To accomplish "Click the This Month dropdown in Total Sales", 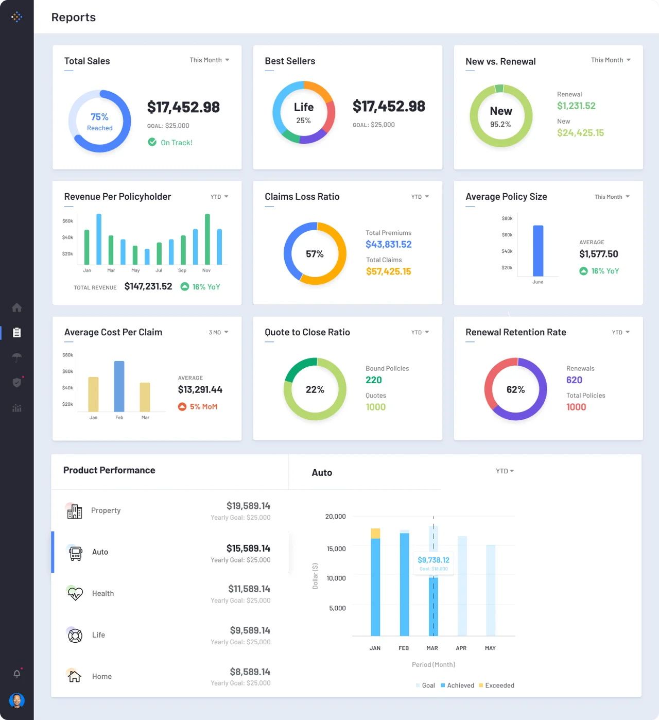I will pos(209,60).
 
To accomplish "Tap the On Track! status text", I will pos(176,143).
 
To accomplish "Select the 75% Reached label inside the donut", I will pos(99,122).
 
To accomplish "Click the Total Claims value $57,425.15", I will pos(388,271).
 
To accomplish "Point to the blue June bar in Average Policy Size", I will pos(538,251).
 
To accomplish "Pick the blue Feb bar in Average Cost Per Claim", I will pos(119,386).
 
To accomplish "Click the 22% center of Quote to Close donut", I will pos(315,390).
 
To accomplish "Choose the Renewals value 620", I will pos(574,380).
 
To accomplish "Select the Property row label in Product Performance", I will pos(106,510).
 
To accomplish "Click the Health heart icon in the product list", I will pos(75,593).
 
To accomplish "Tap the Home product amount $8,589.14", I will pos(250,672).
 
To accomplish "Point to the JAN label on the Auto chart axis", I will pos(375,648).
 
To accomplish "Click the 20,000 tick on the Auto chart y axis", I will pos(335,517).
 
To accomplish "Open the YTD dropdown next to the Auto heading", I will pos(505,471).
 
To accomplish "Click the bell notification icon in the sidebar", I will pos(17,674).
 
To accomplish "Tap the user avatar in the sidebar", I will pos(17,700).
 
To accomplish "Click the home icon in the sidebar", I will pos(17,307).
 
